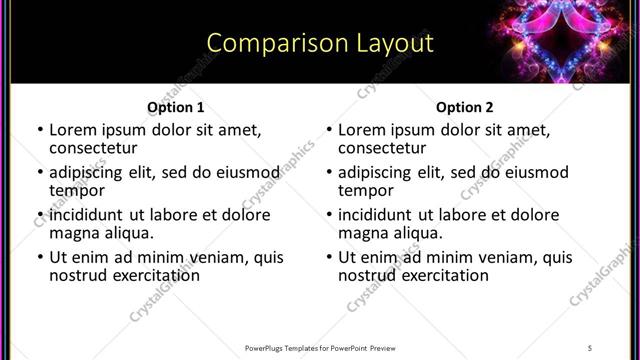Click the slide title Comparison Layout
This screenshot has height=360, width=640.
pos(320,43)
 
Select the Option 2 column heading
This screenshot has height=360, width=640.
pos(464,107)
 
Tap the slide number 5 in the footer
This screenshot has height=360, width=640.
pos(590,348)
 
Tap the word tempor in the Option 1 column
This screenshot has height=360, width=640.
pos(76,191)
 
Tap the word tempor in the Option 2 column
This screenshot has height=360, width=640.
pos(365,191)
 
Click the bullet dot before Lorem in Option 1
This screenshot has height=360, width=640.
pos(39,130)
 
